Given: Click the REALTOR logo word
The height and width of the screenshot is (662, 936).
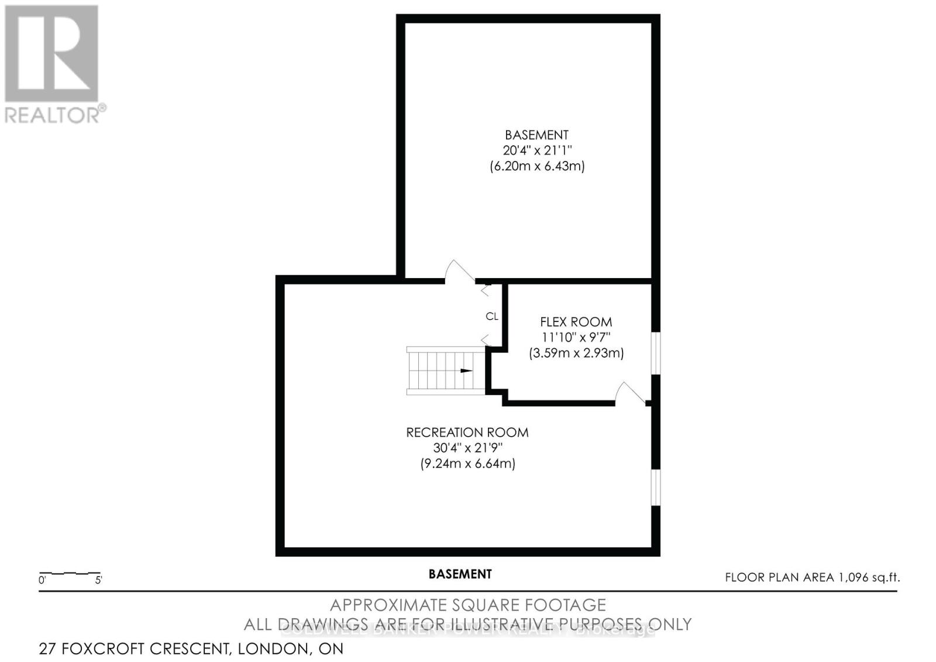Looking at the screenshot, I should (x=53, y=115).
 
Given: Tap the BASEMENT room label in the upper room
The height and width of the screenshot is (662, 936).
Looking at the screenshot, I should (x=536, y=135).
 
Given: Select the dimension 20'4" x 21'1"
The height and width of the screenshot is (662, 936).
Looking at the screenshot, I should (x=536, y=150).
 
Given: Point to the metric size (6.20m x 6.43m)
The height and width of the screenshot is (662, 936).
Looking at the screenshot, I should (x=536, y=166).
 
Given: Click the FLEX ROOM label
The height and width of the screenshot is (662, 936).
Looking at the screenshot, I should (x=576, y=322).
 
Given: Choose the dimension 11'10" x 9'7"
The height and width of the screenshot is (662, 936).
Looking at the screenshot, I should (x=576, y=338).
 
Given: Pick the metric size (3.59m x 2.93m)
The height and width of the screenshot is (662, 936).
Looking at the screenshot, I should (x=576, y=354).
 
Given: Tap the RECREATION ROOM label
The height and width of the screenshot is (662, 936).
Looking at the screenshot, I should (x=467, y=433).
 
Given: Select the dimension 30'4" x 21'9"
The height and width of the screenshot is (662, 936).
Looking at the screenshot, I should (x=467, y=448).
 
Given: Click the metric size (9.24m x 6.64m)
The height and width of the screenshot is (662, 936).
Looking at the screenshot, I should (x=467, y=464).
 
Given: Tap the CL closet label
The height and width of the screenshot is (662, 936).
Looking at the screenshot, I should (x=492, y=316).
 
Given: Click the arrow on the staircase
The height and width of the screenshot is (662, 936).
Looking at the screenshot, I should (x=466, y=371).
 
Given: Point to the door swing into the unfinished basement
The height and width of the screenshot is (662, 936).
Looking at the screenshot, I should (x=459, y=272).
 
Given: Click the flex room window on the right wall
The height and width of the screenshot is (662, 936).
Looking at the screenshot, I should (x=656, y=354).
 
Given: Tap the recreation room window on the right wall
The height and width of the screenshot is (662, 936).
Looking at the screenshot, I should (x=656, y=488).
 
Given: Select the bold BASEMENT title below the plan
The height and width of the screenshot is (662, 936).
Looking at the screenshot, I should (x=460, y=574).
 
